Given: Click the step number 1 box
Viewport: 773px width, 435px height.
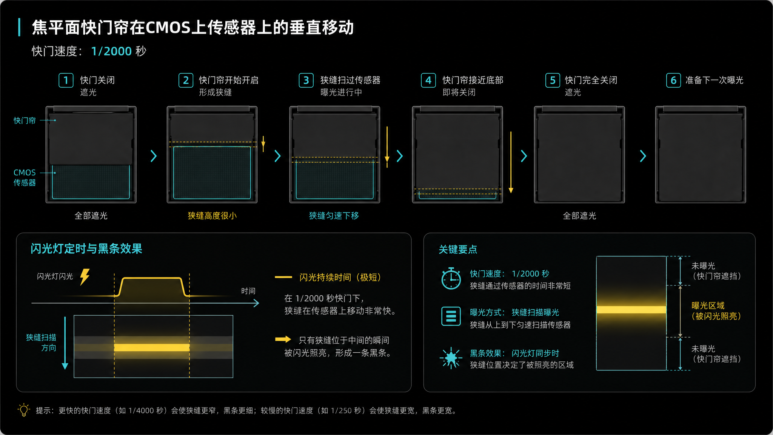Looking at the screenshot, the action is click(x=66, y=80).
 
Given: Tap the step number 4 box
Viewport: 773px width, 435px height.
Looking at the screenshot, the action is click(x=428, y=80).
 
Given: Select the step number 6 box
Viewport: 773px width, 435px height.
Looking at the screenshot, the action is click(x=673, y=80).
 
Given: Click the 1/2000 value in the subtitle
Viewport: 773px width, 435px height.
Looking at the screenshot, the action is click(x=111, y=51).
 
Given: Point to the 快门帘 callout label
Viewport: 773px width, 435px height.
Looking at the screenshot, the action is click(x=25, y=120).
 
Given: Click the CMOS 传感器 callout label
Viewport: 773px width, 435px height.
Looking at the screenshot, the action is click(x=25, y=177).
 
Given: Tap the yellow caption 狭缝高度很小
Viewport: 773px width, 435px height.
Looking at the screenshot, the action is click(x=212, y=216).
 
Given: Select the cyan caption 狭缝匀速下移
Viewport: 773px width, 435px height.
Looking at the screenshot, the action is click(x=334, y=216).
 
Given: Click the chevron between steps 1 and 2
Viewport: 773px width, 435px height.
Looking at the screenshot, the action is click(x=154, y=156).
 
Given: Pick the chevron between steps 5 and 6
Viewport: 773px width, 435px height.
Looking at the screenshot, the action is click(x=643, y=156).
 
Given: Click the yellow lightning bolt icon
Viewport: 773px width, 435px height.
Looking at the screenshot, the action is click(x=85, y=277).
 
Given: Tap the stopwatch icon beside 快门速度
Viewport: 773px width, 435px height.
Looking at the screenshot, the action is click(x=451, y=279).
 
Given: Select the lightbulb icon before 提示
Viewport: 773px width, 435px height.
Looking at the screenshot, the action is click(x=24, y=410).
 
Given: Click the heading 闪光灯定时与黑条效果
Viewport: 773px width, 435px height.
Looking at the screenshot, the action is click(x=86, y=249).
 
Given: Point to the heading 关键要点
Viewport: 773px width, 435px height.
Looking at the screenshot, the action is click(x=458, y=250).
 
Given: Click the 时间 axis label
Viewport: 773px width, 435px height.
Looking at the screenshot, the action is click(x=248, y=291).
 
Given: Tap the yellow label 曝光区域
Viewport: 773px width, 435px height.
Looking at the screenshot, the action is click(x=708, y=305).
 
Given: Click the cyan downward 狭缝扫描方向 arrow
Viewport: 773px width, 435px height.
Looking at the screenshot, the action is click(x=65, y=343).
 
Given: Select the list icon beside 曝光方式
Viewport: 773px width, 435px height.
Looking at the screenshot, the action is click(x=451, y=316).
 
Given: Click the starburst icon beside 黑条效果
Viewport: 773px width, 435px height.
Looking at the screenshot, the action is click(x=451, y=358).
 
